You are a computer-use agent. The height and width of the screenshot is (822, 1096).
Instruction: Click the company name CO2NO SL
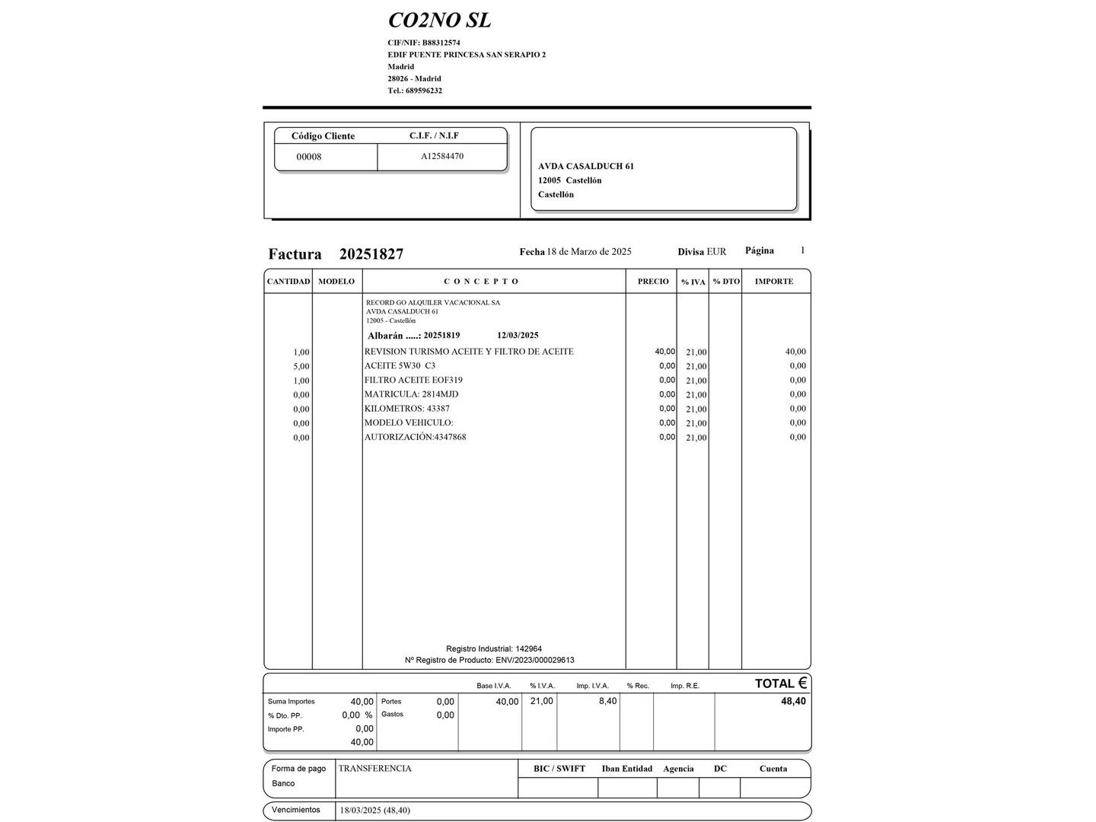point(439,20)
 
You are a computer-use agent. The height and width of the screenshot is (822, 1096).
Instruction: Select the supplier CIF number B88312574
point(441,43)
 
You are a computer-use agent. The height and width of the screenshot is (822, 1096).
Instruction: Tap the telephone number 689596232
point(424,91)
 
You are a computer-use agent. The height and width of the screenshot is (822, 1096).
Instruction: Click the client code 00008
point(309,157)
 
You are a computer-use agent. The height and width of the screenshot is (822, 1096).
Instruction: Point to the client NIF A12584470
point(442,156)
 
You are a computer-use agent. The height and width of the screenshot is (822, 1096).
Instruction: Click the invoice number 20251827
point(371,254)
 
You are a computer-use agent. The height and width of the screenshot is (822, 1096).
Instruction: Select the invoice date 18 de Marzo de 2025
point(589,252)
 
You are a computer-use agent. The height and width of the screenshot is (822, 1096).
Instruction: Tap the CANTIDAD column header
point(288,282)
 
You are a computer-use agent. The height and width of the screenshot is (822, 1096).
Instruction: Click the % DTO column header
point(726,282)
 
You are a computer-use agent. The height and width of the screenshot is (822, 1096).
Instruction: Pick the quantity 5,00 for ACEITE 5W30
point(301,366)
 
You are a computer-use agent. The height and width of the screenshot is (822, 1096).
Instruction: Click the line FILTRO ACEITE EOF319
point(413,380)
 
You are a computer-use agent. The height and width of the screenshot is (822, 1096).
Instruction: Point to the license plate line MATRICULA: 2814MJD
point(411,394)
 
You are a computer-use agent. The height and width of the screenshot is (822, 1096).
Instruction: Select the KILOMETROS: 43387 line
point(406,409)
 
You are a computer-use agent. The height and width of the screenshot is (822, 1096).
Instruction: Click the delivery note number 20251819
point(441,336)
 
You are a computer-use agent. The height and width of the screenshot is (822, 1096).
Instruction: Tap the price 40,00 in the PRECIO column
point(664,352)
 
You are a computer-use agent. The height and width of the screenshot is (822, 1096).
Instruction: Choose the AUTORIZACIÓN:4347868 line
point(415,437)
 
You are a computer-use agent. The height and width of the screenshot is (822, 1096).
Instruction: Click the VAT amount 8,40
point(607,701)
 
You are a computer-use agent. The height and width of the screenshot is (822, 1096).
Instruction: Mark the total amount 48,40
point(793,701)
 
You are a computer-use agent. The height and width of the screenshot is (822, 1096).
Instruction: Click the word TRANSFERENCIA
point(374,769)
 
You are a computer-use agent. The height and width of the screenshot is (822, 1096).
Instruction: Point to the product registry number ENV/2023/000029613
point(534,660)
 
